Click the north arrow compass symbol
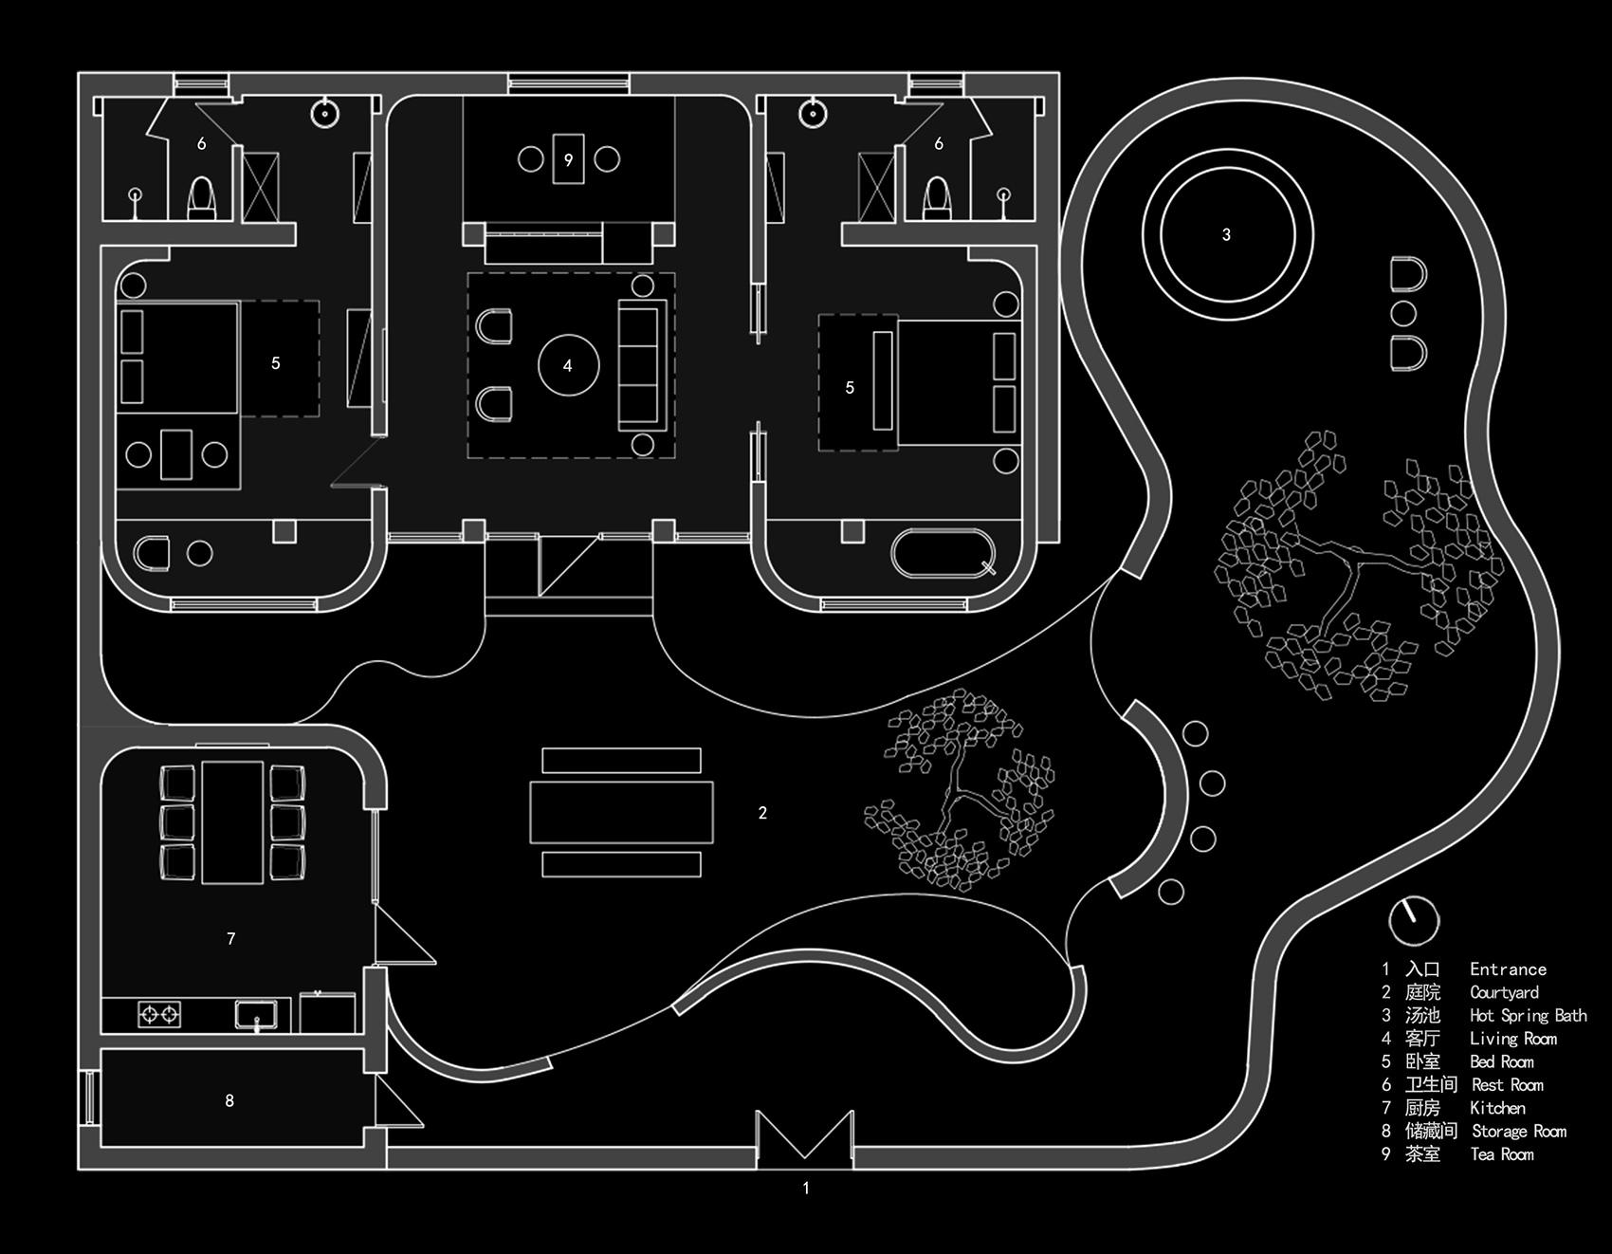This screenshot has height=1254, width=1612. pyautogui.click(x=1413, y=920)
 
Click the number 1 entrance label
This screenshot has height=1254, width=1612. pyautogui.click(x=806, y=1188)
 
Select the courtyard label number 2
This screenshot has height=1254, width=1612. pyautogui.click(x=762, y=813)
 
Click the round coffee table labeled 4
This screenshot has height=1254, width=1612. pyautogui.click(x=568, y=365)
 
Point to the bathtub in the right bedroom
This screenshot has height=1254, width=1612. pyautogui.click(x=943, y=553)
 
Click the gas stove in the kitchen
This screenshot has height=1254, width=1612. pyautogui.click(x=159, y=1015)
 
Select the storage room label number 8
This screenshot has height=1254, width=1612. pyautogui.click(x=229, y=1100)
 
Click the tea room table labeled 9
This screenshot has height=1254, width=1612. pyautogui.click(x=568, y=157)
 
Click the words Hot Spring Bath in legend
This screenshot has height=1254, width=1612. pyautogui.click(x=1528, y=1015)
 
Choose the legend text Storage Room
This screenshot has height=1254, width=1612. pyautogui.click(x=1519, y=1131)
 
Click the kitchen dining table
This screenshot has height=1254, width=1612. pyautogui.click(x=232, y=821)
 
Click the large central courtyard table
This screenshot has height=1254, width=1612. pyautogui.click(x=621, y=812)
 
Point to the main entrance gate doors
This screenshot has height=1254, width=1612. pyautogui.click(x=805, y=1136)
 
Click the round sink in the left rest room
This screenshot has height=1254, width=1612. pyautogui.click(x=324, y=114)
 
